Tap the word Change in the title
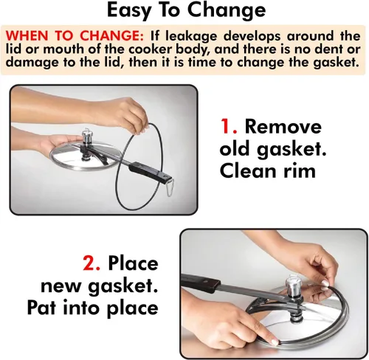(227, 11)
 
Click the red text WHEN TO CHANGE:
(75, 35)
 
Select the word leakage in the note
(191, 36)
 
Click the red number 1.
(228, 126)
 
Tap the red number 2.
(92, 263)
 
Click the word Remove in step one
(283, 126)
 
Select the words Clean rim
(268, 171)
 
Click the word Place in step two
(133, 263)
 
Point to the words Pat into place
(92, 308)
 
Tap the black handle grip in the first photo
(151, 172)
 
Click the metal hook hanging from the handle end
(170, 189)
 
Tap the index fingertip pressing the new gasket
(274, 342)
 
